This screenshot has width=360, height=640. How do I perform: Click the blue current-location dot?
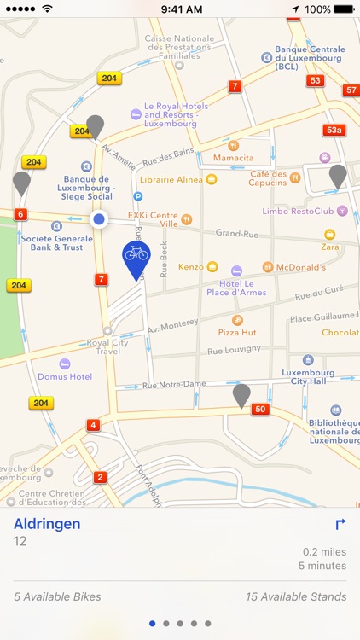point(99,219)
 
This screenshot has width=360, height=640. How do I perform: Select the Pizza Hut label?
point(237,331)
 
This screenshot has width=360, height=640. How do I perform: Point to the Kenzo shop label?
point(191,267)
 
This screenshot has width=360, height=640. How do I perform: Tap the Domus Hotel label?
point(64,376)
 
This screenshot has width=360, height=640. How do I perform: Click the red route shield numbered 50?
point(261,410)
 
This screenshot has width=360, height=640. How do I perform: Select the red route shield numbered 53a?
point(334,130)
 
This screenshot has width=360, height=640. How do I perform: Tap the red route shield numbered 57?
point(351,90)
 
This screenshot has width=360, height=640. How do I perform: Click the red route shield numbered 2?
point(101,477)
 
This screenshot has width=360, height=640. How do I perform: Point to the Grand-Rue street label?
point(235,233)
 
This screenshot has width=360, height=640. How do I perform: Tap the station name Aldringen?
point(48,524)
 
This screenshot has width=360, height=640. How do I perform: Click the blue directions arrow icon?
point(340,525)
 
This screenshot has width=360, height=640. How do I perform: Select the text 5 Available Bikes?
point(57,597)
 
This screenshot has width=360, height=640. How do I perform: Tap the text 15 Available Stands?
point(295,597)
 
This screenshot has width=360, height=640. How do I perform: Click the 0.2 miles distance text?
point(324,552)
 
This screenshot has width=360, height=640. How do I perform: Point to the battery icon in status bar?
point(345,9)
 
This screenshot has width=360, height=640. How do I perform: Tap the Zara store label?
point(330,247)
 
